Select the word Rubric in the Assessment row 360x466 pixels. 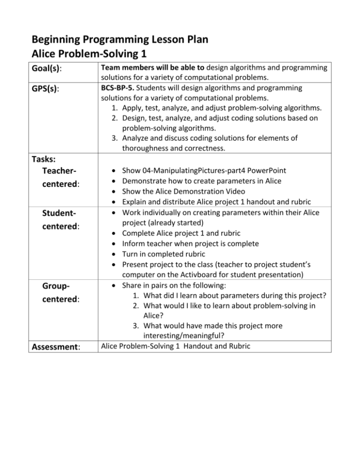click(240, 346)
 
